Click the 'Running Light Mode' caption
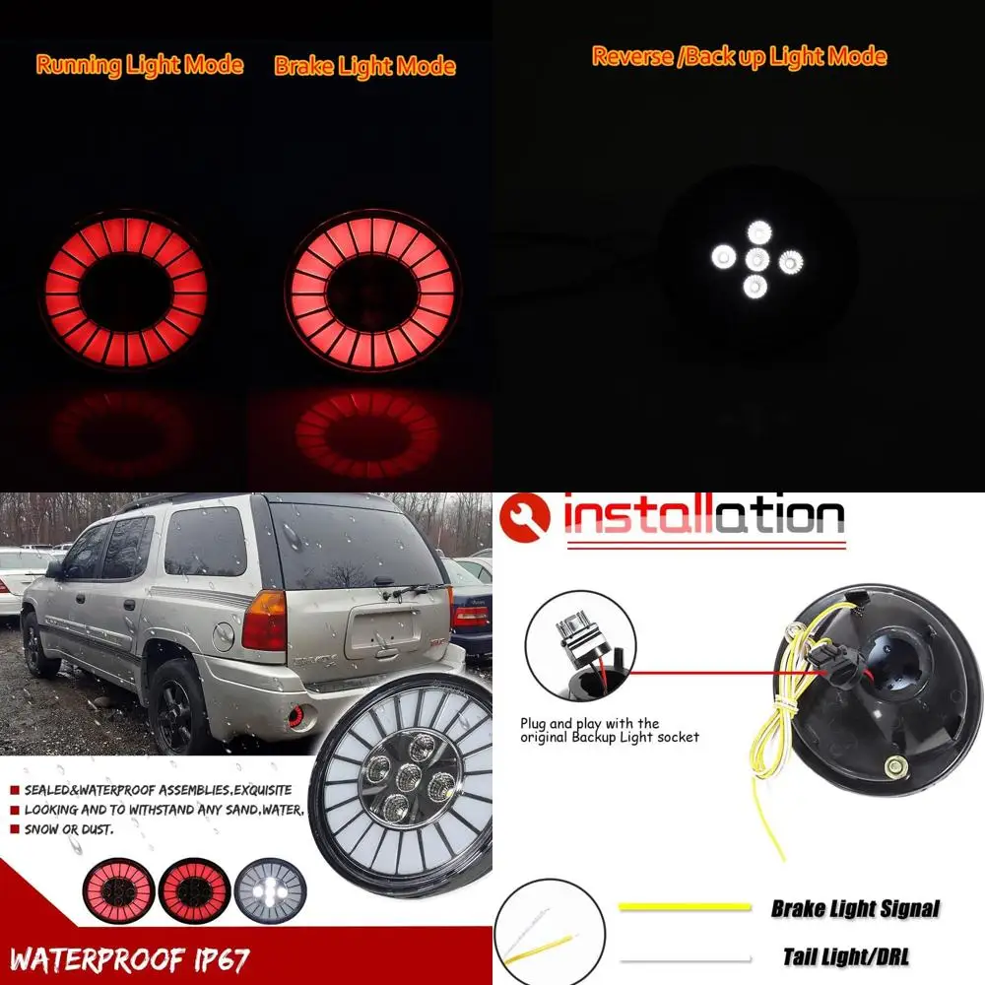(x=139, y=65)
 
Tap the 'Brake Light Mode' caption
(x=364, y=66)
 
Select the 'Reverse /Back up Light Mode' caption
(x=739, y=56)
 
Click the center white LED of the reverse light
(x=756, y=259)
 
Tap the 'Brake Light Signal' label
(x=854, y=908)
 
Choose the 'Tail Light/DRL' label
(x=846, y=955)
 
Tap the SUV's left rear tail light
(x=263, y=621)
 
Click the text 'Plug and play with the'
(x=589, y=723)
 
